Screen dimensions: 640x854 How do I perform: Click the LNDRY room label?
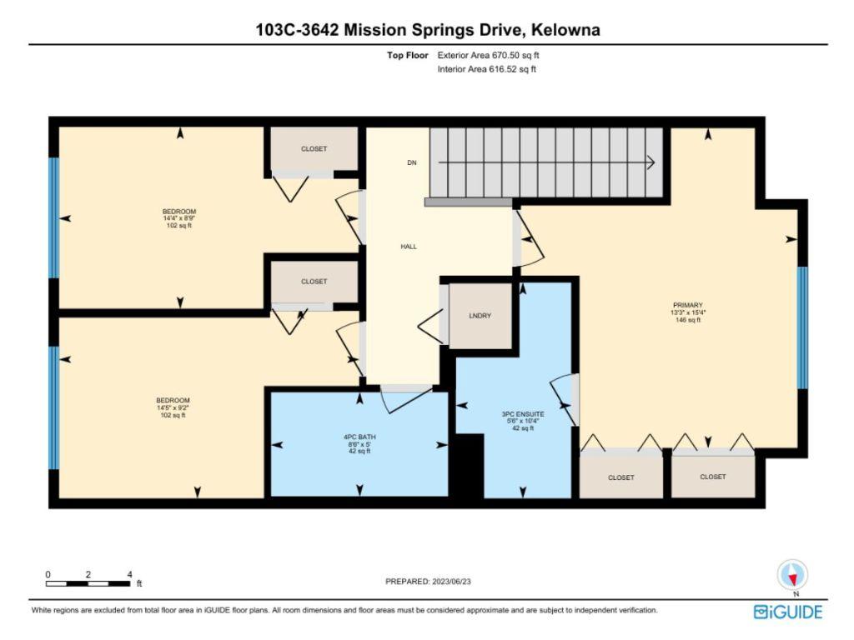tap(480, 315)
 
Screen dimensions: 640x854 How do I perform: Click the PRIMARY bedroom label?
tap(688, 305)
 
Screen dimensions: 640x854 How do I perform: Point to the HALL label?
tap(409, 247)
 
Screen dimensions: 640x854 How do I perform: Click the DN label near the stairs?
tap(411, 162)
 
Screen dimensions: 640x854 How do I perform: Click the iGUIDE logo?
tap(787, 612)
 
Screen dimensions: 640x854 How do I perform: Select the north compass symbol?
tap(792, 575)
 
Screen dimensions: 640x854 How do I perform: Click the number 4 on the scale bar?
tap(129, 574)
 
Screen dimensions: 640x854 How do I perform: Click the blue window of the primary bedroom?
tap(802, 327)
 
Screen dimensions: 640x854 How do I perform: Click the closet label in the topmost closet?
tap(314, 149)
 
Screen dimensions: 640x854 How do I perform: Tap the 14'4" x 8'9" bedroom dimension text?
tap(179, 218)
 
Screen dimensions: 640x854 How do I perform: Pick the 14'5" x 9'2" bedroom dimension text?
tap(173, 407)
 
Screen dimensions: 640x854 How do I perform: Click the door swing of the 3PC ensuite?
tap(565, 398)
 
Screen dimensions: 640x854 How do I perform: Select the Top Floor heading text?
tap(408, 55)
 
